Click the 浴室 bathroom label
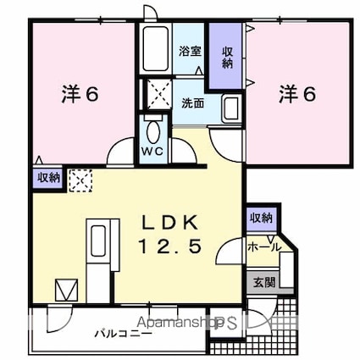[189, 51]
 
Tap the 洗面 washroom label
[193, 103]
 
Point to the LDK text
[169, 222]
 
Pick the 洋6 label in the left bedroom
[80, 94]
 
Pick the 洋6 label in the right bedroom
[297, 94]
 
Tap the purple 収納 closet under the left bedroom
[48, 178]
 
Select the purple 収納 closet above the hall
[262, 219]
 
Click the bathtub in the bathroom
[154, 49]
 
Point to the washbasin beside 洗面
[230, 108]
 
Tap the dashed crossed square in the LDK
[82, 179]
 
